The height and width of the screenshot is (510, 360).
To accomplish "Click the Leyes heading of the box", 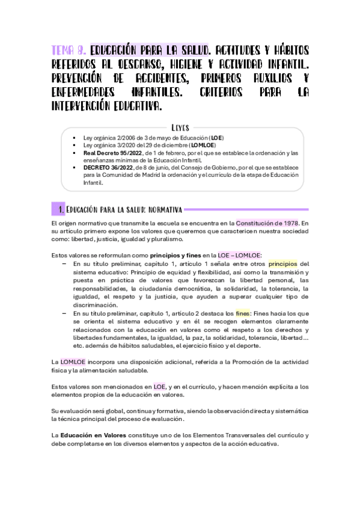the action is (180, 127).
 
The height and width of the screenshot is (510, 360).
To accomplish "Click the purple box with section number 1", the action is (59, 209).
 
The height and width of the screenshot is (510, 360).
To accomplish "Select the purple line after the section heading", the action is (246, 209).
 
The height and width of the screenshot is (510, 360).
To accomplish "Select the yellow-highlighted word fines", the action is (242, 313).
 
